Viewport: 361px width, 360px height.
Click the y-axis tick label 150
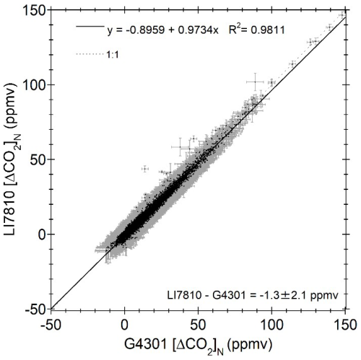coord(35,9)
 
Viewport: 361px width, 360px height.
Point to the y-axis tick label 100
coord(35,84)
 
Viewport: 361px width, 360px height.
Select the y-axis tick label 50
coord(38,159)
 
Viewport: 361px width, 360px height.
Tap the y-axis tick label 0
coord(41,234)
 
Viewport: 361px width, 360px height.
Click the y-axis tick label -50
coord(35,309)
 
